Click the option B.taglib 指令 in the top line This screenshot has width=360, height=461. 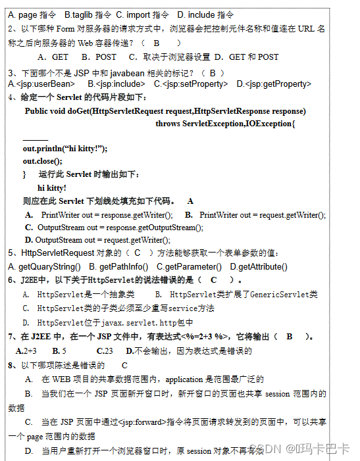pyautogui.click(x=88, y=14)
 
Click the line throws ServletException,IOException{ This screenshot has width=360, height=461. pyautogui.click(x=225, y=123)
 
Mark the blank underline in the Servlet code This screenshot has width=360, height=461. pyautogui.click(x=35, y=139)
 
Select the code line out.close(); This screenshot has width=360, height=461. pyautogui.click(x=42, y=161)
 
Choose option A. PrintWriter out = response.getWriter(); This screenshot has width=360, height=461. pyautogui.click(x=106, y=215)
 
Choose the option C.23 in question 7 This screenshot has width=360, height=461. pyautogui.click(x=103, y=351)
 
